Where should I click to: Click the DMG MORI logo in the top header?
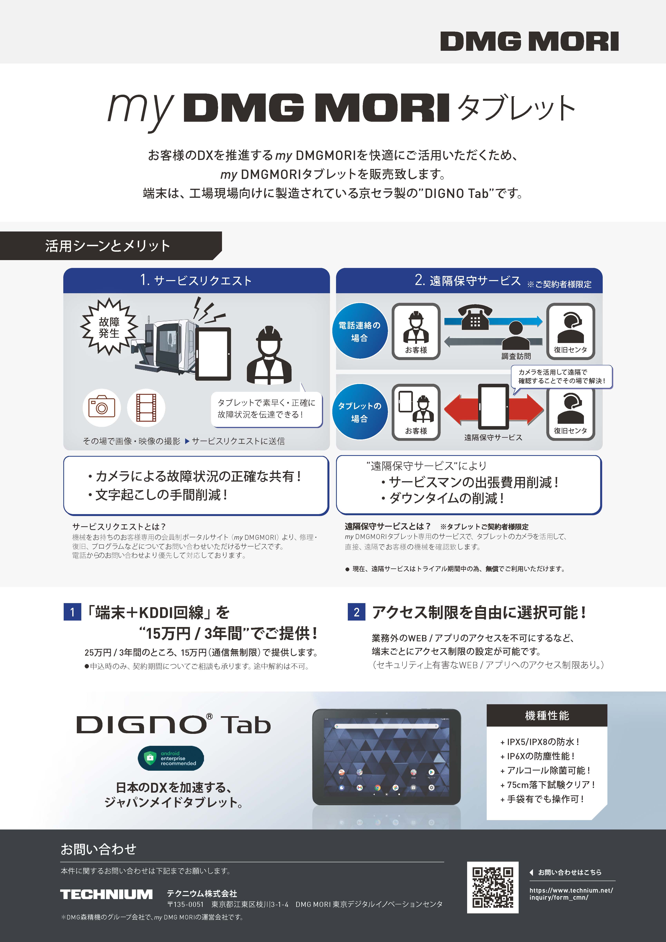529,41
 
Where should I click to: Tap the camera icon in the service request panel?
101,407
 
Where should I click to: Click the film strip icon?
146,407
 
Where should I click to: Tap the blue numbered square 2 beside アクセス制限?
356,612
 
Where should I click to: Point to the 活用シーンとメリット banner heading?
107,246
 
